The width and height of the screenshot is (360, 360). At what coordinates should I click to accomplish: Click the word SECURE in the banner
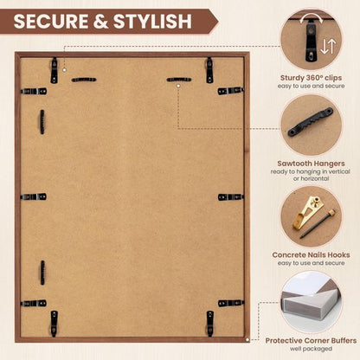(51, 21)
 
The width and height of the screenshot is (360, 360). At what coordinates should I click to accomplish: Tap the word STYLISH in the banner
(152, 21)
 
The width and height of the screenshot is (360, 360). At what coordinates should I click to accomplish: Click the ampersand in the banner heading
(100, 21)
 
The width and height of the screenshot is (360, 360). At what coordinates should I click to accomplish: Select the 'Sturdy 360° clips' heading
(311, 78)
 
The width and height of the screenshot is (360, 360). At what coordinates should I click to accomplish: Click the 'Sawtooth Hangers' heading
(311, 164)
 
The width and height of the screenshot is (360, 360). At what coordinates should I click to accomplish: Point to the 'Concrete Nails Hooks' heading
(311, 255)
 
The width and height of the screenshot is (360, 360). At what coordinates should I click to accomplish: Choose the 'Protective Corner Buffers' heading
(311, 341)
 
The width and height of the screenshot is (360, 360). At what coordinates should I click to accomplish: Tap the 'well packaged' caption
(311, 349)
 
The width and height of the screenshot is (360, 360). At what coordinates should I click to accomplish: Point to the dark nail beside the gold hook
(318, 224)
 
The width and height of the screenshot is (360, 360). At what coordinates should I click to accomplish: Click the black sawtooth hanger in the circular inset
(311, 122)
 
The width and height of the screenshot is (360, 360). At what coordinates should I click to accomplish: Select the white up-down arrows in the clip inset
(328, 47)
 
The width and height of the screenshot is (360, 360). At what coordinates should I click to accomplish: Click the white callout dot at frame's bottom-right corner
(247, 340)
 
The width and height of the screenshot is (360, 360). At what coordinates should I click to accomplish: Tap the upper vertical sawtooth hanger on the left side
(42, 122)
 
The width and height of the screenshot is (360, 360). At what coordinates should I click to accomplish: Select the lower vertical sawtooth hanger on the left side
(42, 273)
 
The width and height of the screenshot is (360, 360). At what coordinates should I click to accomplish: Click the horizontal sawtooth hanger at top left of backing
(84, 80)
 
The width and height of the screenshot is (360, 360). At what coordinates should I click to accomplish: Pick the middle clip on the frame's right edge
(230, 197)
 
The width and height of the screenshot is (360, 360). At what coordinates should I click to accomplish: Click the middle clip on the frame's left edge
(34, 197)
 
